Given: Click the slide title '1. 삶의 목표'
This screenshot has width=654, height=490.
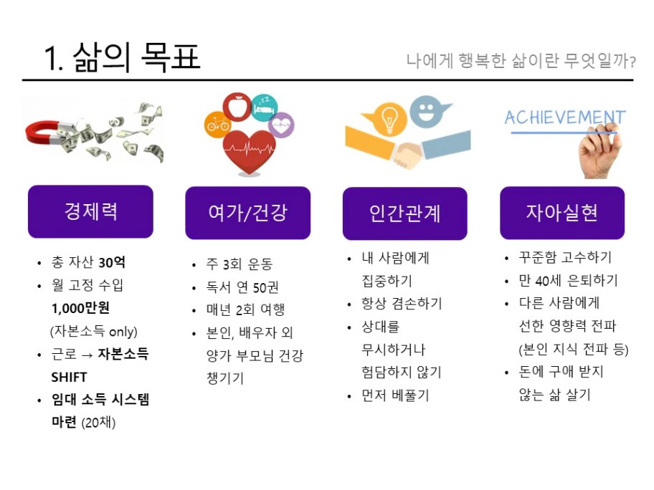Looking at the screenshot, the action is tap(122, 57).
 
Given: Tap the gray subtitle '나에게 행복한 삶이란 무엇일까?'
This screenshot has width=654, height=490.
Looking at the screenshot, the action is tap(521, 61).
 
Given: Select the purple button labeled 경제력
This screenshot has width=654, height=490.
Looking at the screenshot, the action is tap(90, 211).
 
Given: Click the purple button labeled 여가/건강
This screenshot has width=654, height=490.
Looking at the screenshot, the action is tap(247, 213).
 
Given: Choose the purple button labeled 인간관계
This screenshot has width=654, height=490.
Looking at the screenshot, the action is tap(405, 213).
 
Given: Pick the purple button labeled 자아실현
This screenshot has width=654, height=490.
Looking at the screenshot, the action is tap(562, 213).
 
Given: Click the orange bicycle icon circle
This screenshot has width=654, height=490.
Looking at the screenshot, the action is tap(217, 124).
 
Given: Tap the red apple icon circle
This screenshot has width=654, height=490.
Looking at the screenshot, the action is tap(237, 107).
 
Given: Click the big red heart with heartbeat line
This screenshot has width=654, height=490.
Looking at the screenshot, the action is tap(249, 152).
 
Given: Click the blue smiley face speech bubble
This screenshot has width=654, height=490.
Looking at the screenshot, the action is tap(427, 110).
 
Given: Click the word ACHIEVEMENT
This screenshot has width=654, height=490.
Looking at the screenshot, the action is tap(565, 117).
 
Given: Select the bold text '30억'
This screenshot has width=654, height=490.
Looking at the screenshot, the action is tap(112, 262).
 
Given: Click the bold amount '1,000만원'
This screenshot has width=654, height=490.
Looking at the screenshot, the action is tap(80, 308).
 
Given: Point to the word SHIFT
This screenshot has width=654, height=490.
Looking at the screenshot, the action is tap(70, 377).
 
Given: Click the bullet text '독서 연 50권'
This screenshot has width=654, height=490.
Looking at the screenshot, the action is tap(242, 287).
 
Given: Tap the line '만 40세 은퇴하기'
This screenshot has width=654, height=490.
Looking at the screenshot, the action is tap(568, 280).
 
